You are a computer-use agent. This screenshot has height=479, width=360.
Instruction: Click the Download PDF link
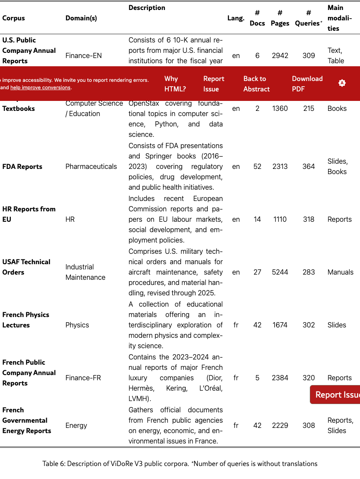pos(307,84)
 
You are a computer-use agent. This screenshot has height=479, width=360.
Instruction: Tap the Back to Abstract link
pos(257,84)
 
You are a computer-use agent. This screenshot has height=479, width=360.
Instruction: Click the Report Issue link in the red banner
pos(214,84)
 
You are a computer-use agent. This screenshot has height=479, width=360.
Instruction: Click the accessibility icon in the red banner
pos(342,83)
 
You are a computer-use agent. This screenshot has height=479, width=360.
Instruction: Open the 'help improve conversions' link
pos(40,87)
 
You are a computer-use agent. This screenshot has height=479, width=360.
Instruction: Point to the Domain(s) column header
pos(81,18)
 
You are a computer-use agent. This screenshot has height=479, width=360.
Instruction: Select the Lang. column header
pos(236,18)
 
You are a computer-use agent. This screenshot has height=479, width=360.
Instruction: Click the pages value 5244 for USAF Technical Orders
pos(280,272)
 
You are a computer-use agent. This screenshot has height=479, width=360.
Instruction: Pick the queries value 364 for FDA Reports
pos(309,166)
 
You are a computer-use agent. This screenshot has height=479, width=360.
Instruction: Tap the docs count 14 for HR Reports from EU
pos(257,219)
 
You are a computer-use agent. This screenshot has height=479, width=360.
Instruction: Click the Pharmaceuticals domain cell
pos(91,166)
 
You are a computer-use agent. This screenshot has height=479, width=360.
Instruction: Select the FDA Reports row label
pos(22,166)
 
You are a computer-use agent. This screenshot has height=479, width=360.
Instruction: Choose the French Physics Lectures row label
pos(26,320)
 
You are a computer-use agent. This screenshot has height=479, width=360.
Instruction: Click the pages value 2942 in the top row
pos(280,55)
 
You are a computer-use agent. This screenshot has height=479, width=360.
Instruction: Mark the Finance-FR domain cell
pos(83,378)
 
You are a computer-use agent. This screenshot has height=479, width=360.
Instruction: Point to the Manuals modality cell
pos(340,272)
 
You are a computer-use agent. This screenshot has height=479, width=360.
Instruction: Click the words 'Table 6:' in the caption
pos(55,463)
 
